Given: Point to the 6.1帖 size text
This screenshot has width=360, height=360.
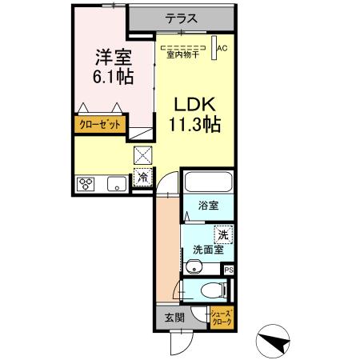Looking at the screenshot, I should coord(114,78).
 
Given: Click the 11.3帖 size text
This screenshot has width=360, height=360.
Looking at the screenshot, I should coord(194,126).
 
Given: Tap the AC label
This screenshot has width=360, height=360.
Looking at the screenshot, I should coord(222,48).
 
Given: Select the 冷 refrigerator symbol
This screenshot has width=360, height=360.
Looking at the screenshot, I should coord(142,178).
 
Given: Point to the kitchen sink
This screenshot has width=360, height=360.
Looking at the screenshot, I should coord(115,184).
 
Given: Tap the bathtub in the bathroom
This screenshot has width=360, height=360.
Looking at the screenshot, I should coord(207,183).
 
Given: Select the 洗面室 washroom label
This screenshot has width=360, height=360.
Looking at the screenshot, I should coord(206,250).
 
